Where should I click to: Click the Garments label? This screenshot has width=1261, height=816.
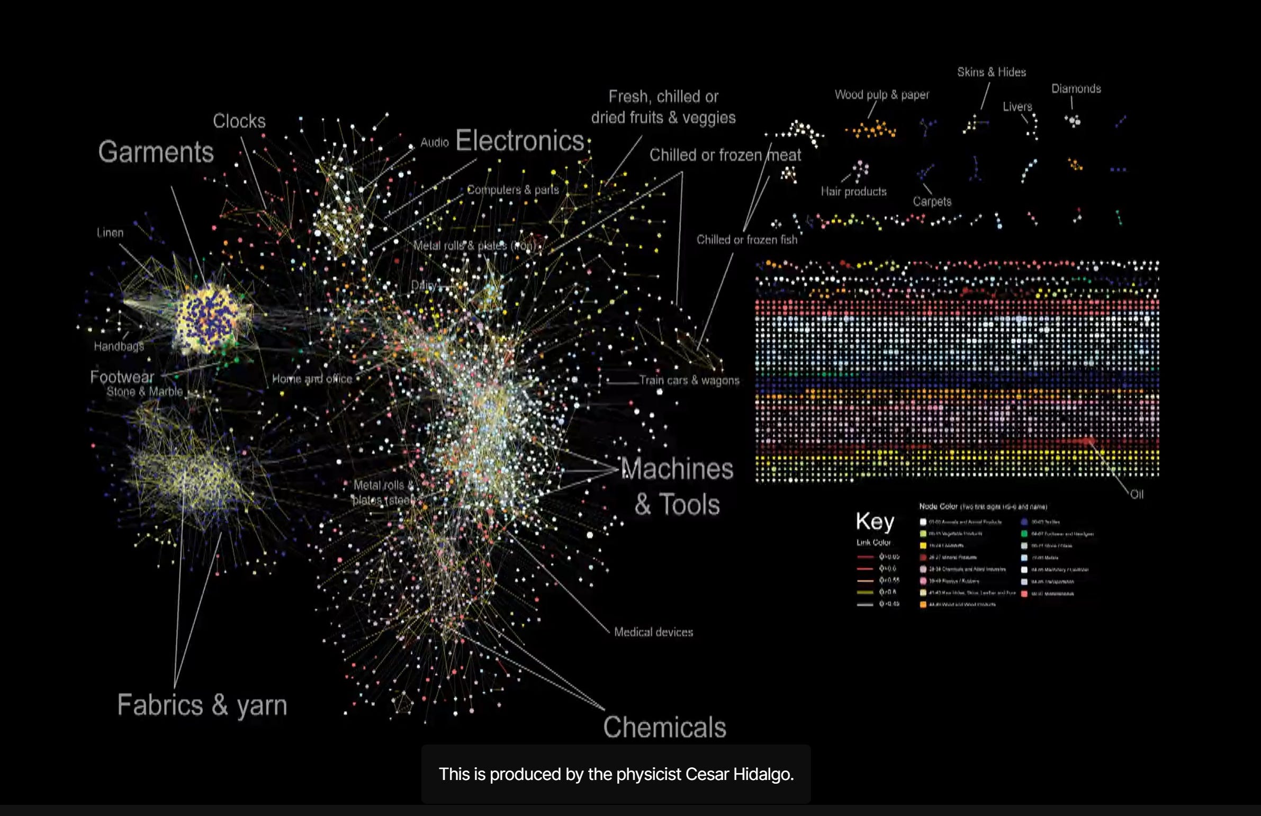click(156, 152)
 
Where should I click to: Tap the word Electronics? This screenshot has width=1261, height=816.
click(519, 141)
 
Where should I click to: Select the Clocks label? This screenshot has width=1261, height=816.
click(239, 121)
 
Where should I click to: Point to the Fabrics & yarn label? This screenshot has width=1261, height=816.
click(202, 705)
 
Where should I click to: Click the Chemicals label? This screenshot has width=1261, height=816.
click(664, 727)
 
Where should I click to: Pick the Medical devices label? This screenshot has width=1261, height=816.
click(653, 632)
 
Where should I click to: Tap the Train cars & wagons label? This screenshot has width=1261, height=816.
click(689, 380)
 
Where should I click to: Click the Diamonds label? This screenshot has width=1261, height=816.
click(1076, 89)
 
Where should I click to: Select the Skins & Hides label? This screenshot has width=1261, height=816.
click(991, 73)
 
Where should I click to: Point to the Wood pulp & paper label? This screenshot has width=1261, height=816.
click(881, 95)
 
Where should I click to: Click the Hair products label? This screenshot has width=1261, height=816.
click(853, 192)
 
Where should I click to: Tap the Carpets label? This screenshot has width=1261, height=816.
click(932, 202)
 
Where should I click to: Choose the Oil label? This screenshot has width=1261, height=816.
click(1137, 495)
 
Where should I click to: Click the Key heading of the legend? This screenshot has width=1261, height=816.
click(875, 522)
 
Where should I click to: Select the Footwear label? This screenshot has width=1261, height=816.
click(122, 377)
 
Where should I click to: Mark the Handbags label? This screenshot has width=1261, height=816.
click(119, 346)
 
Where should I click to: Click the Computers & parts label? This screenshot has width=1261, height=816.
click(512, 190)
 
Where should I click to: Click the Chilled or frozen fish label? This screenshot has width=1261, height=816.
click(746, 240)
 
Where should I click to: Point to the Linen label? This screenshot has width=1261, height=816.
click(110, 232)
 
